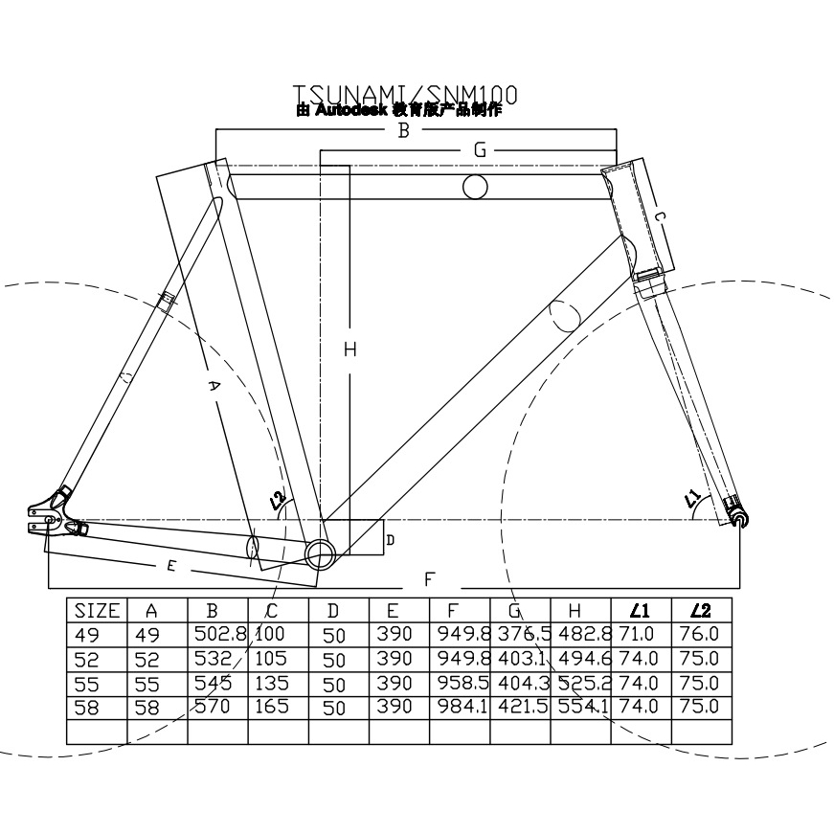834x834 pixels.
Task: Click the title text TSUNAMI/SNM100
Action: coord(405,94)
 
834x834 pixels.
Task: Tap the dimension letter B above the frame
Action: coord(403,130)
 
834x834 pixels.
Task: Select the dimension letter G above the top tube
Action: coord(481,150)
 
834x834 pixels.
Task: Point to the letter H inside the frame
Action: coord(349,350)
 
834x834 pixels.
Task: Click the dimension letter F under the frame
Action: coord(430,578)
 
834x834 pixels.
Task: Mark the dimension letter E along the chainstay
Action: coord(171,566)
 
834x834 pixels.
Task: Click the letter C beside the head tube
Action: coord(660,217)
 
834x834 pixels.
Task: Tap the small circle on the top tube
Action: coord(475,186)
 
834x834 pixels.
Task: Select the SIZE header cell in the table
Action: coord(97,611)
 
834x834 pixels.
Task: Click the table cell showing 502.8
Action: coord(216,635)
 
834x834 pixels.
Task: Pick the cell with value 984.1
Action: coord(459,707)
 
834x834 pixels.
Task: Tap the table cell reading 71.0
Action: coord(641,635)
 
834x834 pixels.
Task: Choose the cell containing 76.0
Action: coord(701,635)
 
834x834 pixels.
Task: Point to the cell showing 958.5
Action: coord(459,683)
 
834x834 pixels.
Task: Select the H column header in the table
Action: coord(580,611)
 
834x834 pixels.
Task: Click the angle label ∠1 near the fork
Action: coord(692,499)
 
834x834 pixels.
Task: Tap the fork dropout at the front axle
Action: coord(738,517)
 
